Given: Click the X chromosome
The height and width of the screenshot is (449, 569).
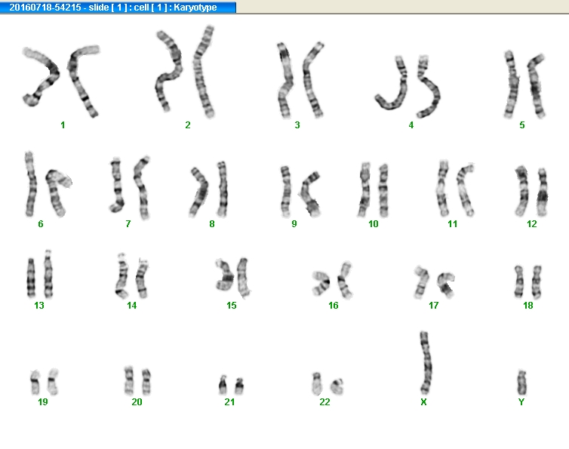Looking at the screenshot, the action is click(x=426, y=363).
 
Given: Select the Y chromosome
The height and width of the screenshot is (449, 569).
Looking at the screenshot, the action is click(x=521, y=383).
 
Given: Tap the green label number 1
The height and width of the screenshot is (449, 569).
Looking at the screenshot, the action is click(x=63, y=125).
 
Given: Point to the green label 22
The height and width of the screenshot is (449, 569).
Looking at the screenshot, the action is click(x=324, y=401).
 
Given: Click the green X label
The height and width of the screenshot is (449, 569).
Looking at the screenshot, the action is click(x=423, y=401).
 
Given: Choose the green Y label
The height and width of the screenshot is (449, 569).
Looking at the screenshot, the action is click(x=521, y=401).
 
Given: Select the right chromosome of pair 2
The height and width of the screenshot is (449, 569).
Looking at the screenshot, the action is click(x=203, y=72).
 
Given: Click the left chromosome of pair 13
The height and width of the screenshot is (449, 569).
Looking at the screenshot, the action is click(x=31, y=278).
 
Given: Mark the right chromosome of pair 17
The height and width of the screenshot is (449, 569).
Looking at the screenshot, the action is click(x=446, y=285).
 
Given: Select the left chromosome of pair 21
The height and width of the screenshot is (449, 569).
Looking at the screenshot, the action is click(x=223, y=385).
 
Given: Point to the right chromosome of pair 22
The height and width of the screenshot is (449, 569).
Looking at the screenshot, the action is click(x=337, y=387).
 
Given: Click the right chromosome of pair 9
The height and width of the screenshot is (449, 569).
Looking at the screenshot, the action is click(x=309, y=194).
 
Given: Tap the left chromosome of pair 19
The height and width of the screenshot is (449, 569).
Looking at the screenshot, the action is click(x=35, y=382).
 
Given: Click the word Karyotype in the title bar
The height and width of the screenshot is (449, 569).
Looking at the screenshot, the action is click(x=195, y=8).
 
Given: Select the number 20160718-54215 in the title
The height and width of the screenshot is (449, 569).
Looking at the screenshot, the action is click(x=45, y=8).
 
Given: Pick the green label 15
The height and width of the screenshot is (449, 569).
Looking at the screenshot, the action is click(x=232, y=306).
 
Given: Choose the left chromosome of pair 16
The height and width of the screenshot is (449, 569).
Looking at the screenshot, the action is click(x=321, y=283).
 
